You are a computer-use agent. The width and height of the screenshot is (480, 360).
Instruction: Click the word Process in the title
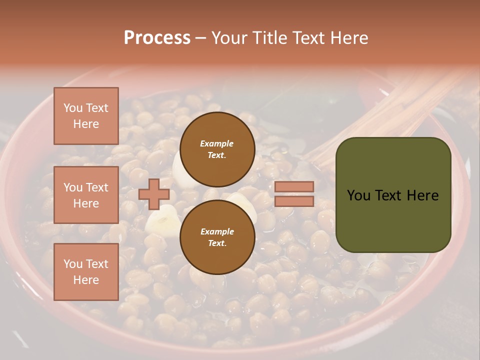pyautogui.click(x=157, y=38)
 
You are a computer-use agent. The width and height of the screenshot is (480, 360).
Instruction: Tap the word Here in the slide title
pyautogui.click(x=349, y=38)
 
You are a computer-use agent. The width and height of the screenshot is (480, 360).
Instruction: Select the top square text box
pyautogui.click(x=86, y=116)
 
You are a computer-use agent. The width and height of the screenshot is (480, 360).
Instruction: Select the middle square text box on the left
pyautogui.click(x=86, y=195)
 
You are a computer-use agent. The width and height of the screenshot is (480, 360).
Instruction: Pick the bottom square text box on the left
pyautogui.click(x=86, y=272)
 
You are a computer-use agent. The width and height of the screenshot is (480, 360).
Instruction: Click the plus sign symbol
pyautogui.click(x=154, y=194)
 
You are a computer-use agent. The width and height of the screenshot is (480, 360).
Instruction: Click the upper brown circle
pyautogui.click(x=217, y=149)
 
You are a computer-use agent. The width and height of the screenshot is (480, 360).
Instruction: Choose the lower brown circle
pyautogui.click(x=217, y=237)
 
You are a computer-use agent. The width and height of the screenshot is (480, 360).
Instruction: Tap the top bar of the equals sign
pyautogui.click(x=294, y=187)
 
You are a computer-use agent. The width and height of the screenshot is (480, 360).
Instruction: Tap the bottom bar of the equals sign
pyautogui.click(x=294, y=201)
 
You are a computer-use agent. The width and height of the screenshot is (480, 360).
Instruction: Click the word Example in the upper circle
pyautogui.click(x=217, y=143)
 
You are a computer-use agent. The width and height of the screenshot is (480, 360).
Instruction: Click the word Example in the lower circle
pyautogui.click(x=217, y=231)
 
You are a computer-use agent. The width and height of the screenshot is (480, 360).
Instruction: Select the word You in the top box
pyautogui.click(x=73, y=108)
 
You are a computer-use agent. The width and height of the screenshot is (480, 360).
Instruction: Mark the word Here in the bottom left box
pyautogui.click(x=86, y=280)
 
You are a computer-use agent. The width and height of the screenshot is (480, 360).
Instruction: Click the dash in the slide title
pyautogui.click(x=201, y=38)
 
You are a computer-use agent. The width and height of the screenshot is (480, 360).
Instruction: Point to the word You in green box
pyautogui.click(x=358, y=195)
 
